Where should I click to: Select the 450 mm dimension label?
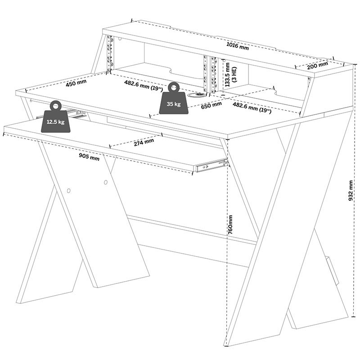pyautogui.click(x=76, y=83)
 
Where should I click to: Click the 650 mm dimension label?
pyautogui.click(x=211, y=104)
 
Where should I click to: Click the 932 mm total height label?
pyautogui.click(x=351, y=191)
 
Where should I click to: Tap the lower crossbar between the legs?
pyautogui.click(x=189, y=229)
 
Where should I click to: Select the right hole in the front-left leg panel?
pyautogui.click(x=105, y=183)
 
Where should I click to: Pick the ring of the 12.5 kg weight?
pyautogui.click(x=55, y=106)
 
